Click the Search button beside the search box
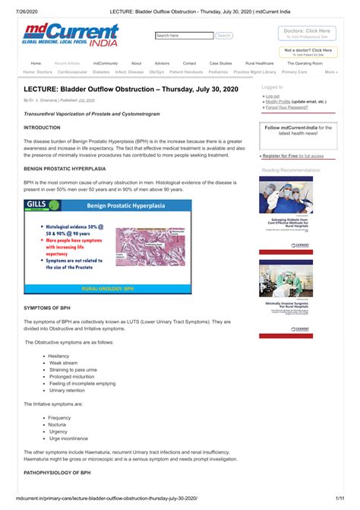[224, 36]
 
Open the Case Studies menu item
[220, 63]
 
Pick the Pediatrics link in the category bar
[218, 72]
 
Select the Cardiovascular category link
[72, 72]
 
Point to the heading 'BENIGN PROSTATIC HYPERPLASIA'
[65, 168]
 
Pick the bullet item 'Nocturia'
[59, 425]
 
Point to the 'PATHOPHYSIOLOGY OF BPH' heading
[58, 474]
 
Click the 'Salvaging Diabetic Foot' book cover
[286, 213]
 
